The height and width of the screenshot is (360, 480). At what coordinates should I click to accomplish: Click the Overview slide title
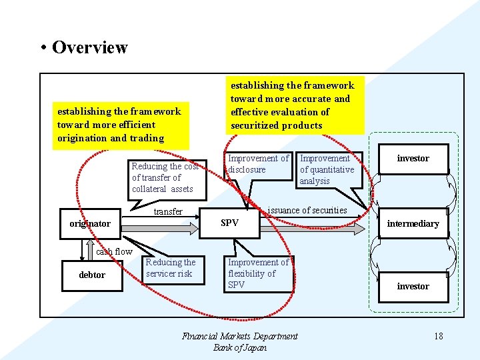(89, 47)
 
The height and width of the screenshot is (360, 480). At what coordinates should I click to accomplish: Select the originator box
(90, 223)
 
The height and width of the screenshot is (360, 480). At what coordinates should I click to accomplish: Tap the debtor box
(92, 275)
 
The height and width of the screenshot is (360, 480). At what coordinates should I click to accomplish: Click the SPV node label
(229, 223)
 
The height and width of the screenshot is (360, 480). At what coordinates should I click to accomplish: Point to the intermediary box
(413, 223)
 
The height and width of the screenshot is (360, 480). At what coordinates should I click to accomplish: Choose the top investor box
(413, 159)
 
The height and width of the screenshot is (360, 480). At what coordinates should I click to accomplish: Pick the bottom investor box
(413, 286)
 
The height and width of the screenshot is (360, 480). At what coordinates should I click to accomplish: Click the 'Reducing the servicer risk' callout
(171, 268)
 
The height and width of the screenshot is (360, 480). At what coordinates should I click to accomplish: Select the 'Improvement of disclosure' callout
(258, 164)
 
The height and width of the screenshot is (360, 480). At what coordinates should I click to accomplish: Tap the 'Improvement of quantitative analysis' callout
(329, 169)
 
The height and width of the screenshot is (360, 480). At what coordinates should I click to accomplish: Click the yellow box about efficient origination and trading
(120, 125)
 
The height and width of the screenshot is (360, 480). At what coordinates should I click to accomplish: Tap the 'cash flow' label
(114, 251)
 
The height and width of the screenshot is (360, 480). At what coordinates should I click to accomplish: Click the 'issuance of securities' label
(307, 210)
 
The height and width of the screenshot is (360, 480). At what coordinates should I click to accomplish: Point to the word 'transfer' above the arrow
(168, 211)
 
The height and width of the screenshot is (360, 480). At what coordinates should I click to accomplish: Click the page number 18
(438, 336)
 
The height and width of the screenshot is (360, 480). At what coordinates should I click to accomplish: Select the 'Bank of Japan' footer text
(240, 347)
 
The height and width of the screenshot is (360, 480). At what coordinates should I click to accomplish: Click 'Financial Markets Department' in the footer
(240, 336)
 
